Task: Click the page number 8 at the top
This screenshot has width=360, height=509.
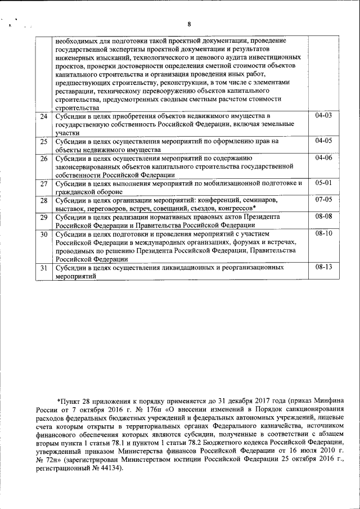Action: pos(189,24)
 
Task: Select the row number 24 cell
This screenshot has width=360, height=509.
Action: pos(43,116)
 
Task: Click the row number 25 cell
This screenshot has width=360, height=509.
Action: pos(43,141)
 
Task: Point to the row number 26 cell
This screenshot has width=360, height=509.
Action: pos(43,159)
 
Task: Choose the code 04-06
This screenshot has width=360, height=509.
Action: pos(324,159)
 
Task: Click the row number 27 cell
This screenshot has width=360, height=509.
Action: pos(43,184)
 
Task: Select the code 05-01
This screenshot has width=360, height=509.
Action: pos(324,183)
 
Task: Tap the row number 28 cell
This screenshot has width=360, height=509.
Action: pos(43,200)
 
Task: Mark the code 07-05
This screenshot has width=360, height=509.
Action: pos(324,200)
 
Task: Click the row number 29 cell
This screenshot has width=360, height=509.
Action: pos(43,217)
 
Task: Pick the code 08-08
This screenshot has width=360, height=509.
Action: pos(324,217)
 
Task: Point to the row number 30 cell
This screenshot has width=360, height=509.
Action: pos(43,233)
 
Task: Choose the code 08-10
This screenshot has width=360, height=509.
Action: pos(324,233)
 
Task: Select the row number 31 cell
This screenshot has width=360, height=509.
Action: pos(43,269)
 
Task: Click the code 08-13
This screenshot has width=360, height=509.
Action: pos(324,268)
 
